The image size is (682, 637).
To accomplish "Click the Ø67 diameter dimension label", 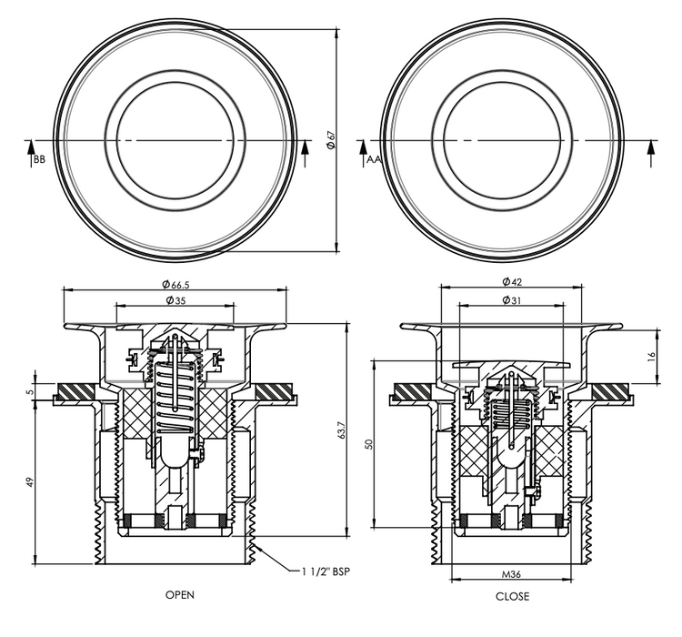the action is (x=331, y=140).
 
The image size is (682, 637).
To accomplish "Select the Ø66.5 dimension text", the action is (x=176, y=285).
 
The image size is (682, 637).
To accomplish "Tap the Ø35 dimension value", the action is (x=176, y=300).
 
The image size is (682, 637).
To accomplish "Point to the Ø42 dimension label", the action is (x=512, y=282).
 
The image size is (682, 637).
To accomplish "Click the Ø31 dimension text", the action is (x=511, y=300).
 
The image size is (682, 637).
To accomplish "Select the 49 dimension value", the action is (x=30, y=482).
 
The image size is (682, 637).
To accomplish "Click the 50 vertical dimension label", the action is (x=369, y=444).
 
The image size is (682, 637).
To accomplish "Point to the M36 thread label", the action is (x=511, y=574).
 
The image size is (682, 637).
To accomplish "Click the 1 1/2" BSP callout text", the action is (x=326, y=571).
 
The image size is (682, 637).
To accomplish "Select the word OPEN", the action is (x=180, y=595).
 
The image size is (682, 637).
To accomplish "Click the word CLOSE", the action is (x=512, y=596).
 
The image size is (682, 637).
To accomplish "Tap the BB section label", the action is (x=39, y=160).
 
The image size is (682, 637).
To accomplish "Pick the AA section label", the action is (x=373, y=159).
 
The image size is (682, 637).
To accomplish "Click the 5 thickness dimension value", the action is (x=30, y=391).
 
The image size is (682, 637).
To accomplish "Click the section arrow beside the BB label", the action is (x=30, y=154).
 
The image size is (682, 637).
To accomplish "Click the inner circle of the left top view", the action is (x=176, y=83).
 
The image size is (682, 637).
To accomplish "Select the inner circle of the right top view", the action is (x=502, y=82).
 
